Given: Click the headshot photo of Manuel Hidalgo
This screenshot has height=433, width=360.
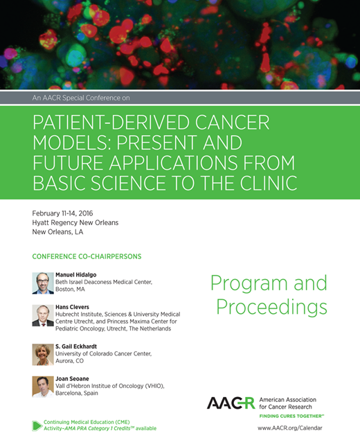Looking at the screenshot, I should pos(43,283).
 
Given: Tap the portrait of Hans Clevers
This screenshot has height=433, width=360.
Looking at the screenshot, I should pos(43,316).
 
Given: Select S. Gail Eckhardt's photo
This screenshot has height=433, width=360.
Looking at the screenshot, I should pos(43,354).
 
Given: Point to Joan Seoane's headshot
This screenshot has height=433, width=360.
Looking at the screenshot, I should pos(43,386).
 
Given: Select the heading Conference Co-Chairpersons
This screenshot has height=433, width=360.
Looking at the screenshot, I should pos(87,256).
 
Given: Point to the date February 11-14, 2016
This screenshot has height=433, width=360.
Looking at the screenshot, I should pos(69,213).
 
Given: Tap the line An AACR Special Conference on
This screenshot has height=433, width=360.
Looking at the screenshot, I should pos(81,98).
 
